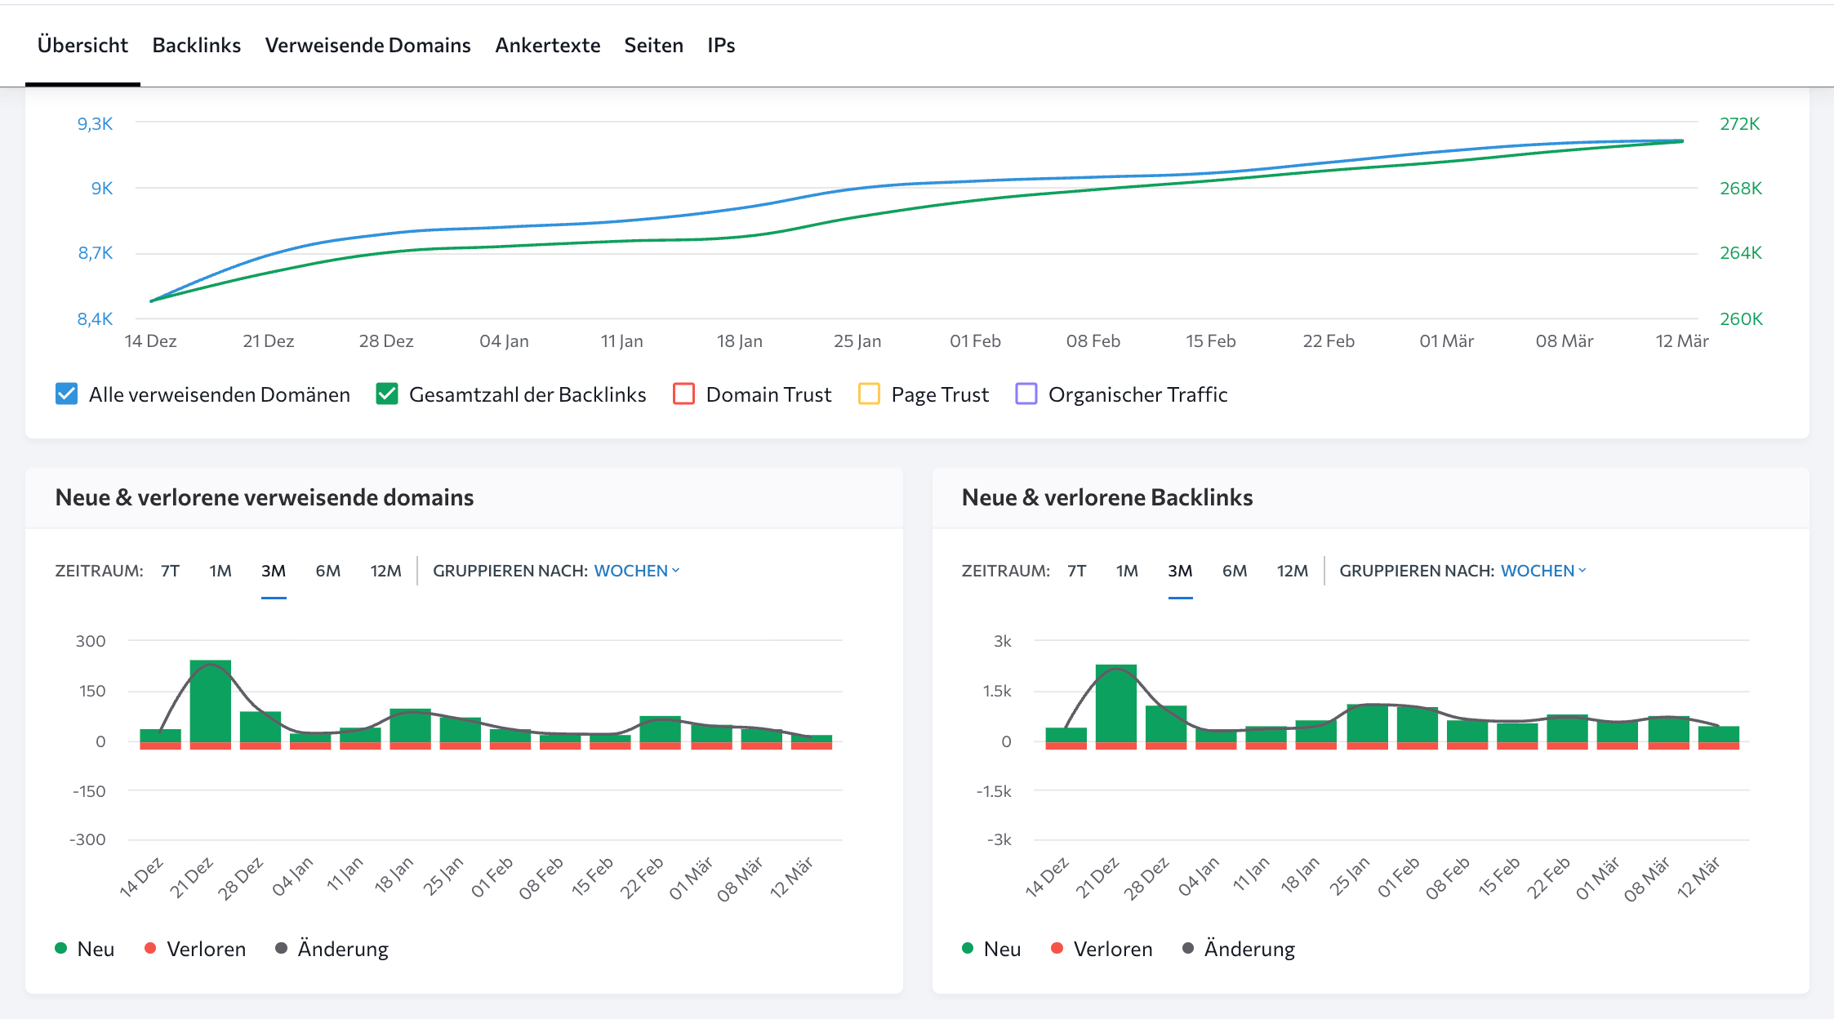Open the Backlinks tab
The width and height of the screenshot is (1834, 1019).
pyautogui.click(x=196, y=45)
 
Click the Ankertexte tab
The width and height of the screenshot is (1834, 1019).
pyautogui.click(x=547, y=45)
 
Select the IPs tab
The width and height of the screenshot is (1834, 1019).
pyautogui.click(x=721, y=45)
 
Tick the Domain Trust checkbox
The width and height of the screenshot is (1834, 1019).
pyautogui.click(x=683, y=394)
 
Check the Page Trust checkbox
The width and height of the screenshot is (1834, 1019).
pyautogui.click(x=869, y=394)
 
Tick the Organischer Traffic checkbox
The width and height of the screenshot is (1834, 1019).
pyautogui.click(x=1026, y=394)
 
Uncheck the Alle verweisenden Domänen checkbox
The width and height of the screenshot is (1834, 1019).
pyautogui.click(x=67, y=394)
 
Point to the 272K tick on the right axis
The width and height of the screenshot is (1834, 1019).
pyautogui.click(x=1739, y=123)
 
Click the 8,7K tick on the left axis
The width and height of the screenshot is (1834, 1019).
pyautogui.click(x=96, y=253)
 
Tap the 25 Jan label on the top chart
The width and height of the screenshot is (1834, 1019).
pyautogui.click(x=857, y=341)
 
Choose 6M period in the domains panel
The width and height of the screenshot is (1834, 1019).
pyautogui.click(x=327, y=571)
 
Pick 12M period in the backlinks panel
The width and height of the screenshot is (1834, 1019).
pyautogui.click(x=1292, y=571)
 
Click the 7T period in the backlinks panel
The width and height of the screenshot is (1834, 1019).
pyautogui.click(x=1076, y=571)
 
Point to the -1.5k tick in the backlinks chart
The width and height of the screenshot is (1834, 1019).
pyautogui.click(x=994, y=791)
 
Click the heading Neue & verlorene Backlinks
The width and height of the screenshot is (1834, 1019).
pyautogui.click(x=1106, y=497)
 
